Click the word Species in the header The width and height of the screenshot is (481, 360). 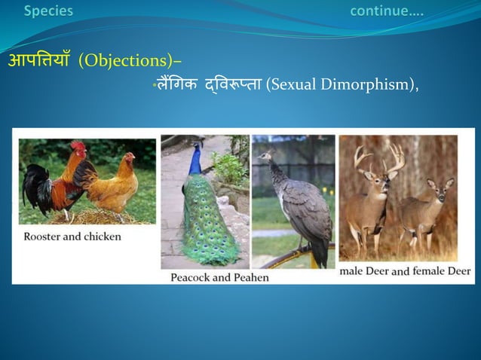tap(48, 11)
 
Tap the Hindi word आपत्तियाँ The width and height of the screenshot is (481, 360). tap(39, 60)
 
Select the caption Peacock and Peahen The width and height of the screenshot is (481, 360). tap(219, 277)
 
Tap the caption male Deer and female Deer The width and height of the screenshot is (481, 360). tap(404, 270)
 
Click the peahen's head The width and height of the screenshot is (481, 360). tap(263, 157)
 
